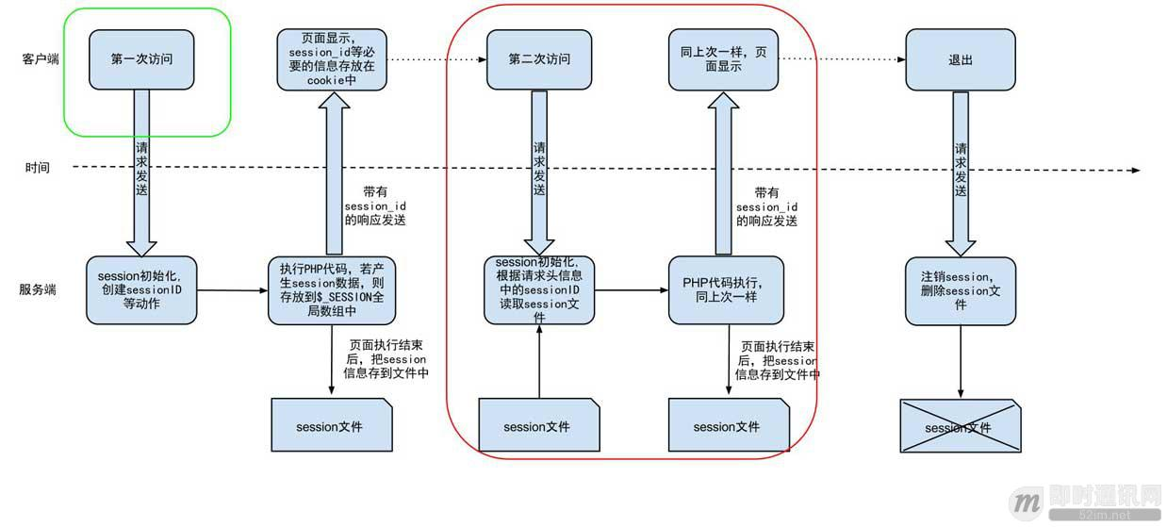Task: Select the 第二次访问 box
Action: click(x=538, y=59)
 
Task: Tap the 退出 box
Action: click(x=960, y=59)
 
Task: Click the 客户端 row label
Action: click(x=41, y=58)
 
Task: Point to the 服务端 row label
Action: click(x=38, y=289)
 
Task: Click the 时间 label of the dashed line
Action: click(x=38, y=168)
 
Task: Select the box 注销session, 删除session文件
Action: click(x=961, y=290)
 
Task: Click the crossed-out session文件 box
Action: click(x=960, y=427)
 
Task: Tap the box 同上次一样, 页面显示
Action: click(x=723, y=59)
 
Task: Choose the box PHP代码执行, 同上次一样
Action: click(x=727, y=289)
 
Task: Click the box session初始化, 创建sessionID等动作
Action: click(x=142, y=289)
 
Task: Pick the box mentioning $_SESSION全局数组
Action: click(x=331, y=289)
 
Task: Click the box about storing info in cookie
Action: click(x=333, y=59)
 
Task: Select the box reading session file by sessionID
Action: click(x=539, y=289)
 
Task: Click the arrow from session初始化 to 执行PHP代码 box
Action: click(x=232, y=289)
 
